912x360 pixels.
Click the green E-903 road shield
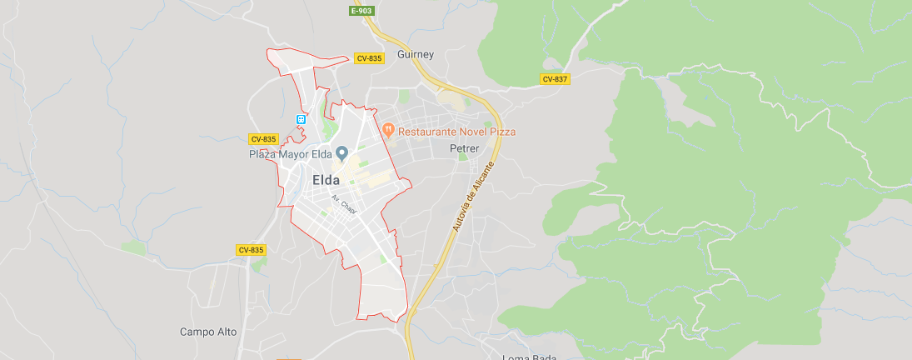point(361,11)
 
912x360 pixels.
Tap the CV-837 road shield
point(554,79)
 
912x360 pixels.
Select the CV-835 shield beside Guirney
point(369,58)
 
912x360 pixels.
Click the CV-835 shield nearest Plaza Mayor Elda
point(263,139)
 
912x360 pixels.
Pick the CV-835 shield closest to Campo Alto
point(251,250)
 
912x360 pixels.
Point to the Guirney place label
point(416,54)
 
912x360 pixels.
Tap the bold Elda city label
point(326,179)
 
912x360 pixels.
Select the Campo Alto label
point(208,332)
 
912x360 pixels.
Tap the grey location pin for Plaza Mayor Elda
point(341,152)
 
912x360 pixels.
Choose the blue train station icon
point(301,119)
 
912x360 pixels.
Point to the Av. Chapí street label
point(344,204)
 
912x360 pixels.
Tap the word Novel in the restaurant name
point(471,132)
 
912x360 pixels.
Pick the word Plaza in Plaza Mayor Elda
point(263,154)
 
